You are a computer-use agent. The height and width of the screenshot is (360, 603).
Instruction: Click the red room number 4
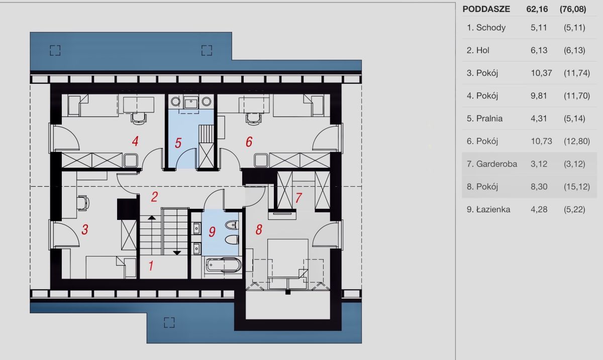click(x=135, y=141)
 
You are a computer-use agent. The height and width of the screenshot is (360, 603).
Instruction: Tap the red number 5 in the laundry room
click(x=178, y=143)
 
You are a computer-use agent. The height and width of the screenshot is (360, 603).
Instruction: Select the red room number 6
click(x=249, y=142)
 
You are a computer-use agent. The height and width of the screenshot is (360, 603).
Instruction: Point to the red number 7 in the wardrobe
click(x=298, y=198)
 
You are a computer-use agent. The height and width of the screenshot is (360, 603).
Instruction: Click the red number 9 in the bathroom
click(x=212, y=231)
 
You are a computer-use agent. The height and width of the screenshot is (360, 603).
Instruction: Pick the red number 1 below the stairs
click(x=151, y=266)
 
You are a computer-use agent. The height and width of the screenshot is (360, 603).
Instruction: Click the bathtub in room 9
click(x=224, y=265)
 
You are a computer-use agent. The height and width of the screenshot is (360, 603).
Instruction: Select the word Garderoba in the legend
click(x=496, y=164)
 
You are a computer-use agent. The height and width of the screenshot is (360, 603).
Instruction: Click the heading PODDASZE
click(x=486, y=9)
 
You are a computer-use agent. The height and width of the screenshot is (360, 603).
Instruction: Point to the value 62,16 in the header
click(x=537, y=9)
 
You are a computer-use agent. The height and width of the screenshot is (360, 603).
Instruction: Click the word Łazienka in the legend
click(x=493, y=209)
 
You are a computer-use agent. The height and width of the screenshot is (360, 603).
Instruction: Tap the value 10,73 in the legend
click(x=541, y=141)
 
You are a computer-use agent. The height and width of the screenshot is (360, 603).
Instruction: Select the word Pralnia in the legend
click(x=489, y=118)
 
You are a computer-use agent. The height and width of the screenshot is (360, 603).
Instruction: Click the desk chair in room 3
click(x=83, y=203)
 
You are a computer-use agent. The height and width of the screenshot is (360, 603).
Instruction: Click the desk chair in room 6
click(x=254, y=118)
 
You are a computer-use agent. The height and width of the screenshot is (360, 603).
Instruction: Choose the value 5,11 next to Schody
click(x=539, y=28)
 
